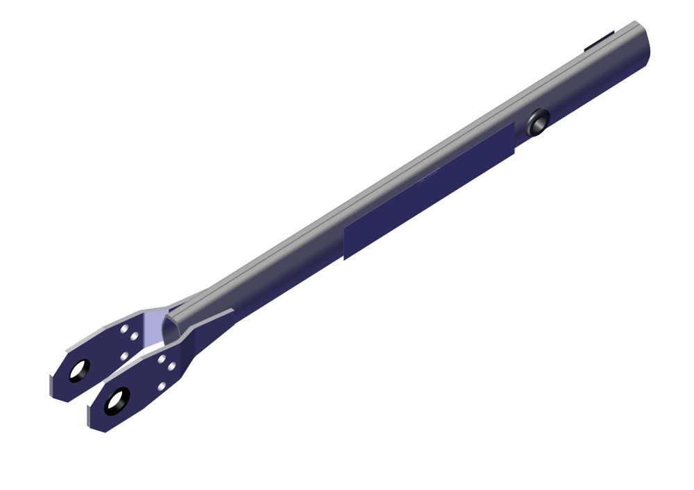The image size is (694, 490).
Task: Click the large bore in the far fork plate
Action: coord(77,371)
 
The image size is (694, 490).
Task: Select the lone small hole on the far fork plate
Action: coord(124,356)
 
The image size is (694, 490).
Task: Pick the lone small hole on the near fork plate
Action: coord(162,386)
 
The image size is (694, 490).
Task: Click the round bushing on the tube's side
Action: coord(537,123)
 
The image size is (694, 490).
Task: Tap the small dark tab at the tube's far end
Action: coord(598,42)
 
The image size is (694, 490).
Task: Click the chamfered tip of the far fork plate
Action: coord(56,385)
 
